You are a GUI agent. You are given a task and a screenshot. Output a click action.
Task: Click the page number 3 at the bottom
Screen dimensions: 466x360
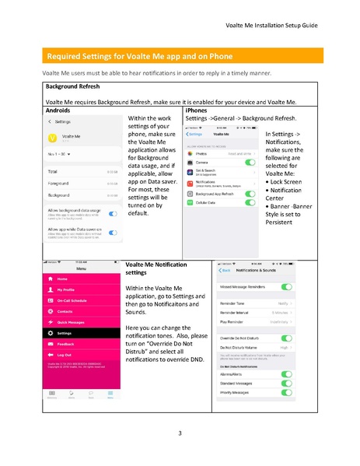click(180, 433)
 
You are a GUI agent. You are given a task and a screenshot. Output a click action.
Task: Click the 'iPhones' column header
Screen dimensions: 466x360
click(196, 111)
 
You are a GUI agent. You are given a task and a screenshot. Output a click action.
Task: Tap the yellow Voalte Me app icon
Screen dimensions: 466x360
click(53, 138)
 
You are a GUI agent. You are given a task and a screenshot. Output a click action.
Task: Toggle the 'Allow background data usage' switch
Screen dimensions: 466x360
click(114, 212)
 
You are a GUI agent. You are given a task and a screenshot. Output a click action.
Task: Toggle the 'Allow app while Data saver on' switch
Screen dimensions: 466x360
click(114, 232)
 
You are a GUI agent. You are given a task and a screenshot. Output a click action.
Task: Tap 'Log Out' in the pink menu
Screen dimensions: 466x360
click(65, 354)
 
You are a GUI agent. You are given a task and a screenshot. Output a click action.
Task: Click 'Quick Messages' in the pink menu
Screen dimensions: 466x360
click(72, 321)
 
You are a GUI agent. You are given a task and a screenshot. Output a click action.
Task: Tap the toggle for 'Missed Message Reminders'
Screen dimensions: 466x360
click(286, 287)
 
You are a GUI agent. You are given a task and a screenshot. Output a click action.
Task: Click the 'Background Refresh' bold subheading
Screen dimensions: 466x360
click(73, 86)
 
